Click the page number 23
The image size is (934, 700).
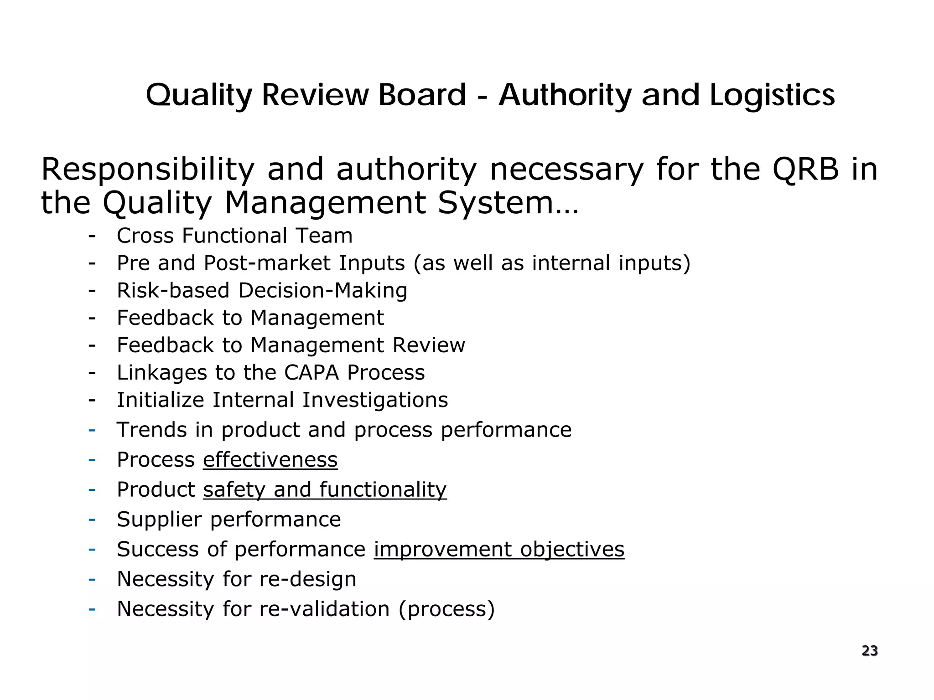(x=869, y=651)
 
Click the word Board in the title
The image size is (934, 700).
(x=422, y=95)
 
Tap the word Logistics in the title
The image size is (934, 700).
(x=772, y=96)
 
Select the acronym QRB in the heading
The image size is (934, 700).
(x=805, y=170)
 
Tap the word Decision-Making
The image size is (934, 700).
(x=322, y=291)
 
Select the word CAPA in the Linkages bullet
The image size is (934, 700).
(x=311, y=373)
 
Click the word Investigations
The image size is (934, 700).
(x=375, y=400)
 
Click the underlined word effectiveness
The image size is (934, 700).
(x=270, y=460)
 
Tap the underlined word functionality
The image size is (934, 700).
(x=383, y=490)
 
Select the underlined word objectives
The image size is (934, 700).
(x=572, y=550)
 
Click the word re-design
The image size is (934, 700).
(x=307, y=579)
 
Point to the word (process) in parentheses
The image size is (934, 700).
(x=446, y=609)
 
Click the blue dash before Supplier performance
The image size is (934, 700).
(x=92, y=519)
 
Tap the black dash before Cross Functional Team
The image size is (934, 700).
(x=92, y=236)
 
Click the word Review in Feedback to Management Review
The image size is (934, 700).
(x=429, y=345)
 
